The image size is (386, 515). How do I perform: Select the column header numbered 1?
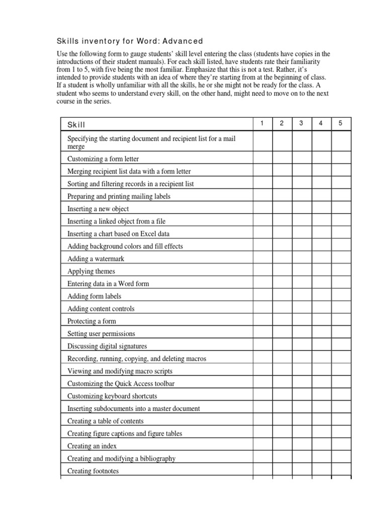262,124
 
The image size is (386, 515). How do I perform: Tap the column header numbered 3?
302,124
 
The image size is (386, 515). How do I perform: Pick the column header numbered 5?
341,124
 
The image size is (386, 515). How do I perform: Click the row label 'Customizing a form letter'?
103,159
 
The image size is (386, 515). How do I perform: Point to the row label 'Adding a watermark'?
95,259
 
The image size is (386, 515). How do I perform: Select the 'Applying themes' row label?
91,271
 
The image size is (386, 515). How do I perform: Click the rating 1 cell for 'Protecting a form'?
262,321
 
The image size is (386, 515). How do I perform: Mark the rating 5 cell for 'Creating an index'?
341,446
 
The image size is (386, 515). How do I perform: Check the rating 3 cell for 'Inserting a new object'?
302,209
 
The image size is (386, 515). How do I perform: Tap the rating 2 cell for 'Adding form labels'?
282,296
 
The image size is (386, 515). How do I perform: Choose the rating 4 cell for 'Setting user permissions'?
321,333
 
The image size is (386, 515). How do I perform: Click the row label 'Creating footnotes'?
93,471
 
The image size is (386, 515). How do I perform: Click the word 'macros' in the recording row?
196,359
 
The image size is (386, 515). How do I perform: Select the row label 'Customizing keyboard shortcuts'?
112,396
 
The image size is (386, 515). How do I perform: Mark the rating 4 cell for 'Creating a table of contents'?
321,421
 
